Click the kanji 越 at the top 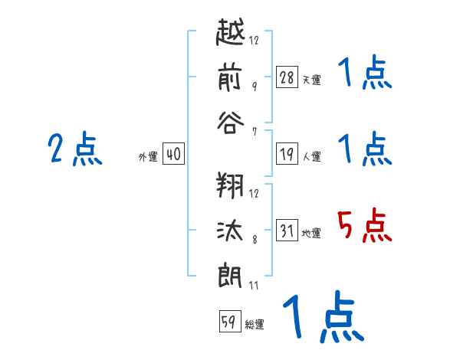(230, 31)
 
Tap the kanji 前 (230, 78)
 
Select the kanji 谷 (231, 123)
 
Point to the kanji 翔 (230, 185)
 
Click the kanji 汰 (230, 231)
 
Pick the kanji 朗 (230, 276)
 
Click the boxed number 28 (287, 77)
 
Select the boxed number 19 (287, 154)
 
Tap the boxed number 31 (287, 230)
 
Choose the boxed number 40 (173, 154)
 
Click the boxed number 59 (230, 321)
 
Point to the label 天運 (312, 80)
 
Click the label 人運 (312, 156)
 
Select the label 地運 (311, 234)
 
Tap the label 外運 (148, 156)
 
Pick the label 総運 (255, 325)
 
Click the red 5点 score (365, 225)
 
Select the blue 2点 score (75, 149)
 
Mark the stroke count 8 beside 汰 (255, 240)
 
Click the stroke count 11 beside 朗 (254, 285)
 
